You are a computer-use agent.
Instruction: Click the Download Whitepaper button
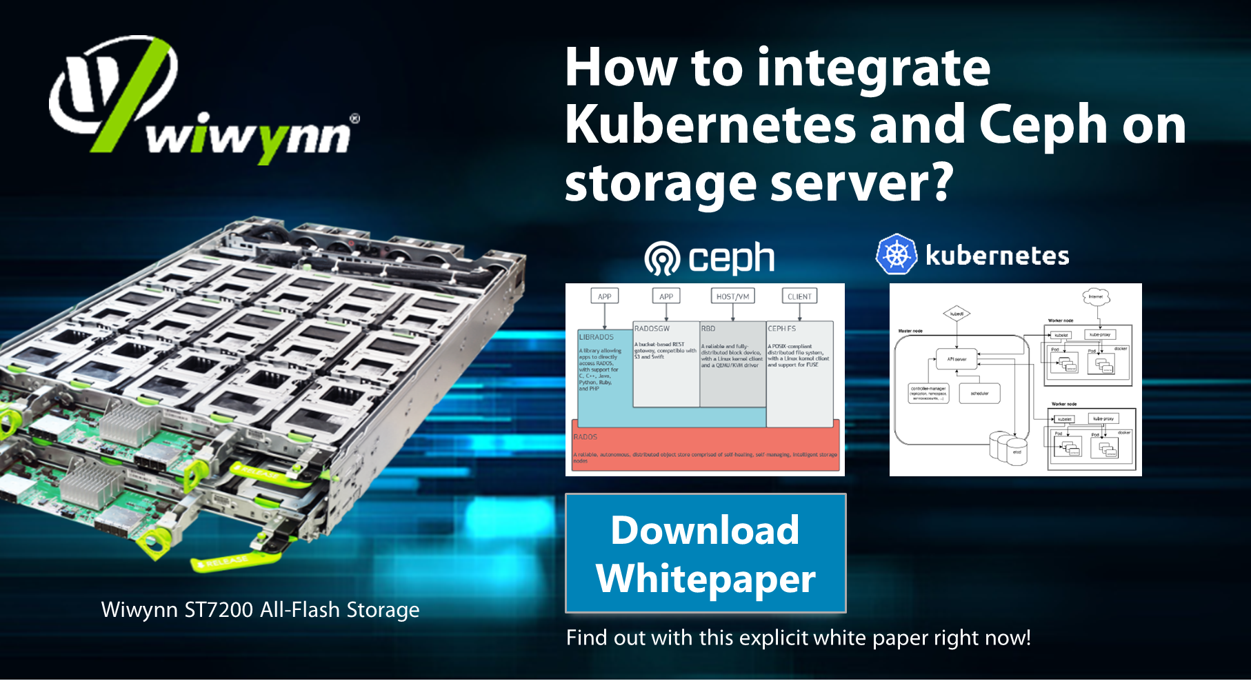[705, 553]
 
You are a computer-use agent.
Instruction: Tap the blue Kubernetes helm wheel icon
[896, 254]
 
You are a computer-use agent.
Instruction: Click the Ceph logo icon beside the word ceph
[662, 258]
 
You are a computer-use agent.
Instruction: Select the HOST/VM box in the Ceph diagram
[732, 296]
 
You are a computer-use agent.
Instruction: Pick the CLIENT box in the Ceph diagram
[799, 296]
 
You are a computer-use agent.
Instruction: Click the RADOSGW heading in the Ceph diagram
[652, 329]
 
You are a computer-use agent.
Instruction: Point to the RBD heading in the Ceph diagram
[708, 329]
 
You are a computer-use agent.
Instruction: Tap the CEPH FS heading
[782, 329]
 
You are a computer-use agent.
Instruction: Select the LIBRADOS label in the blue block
[596, 337]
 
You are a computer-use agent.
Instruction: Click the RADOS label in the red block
[585, 437]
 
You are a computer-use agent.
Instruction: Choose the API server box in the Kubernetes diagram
[957, 359]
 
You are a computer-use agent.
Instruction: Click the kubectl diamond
[957, 314]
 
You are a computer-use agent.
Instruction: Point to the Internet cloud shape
[1096, 296]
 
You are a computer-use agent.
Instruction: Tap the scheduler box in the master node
[979, 394]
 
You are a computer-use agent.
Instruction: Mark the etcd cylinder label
[1017, 452]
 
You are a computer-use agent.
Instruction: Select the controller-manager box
[928, 393]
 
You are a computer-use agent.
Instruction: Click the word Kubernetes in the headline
[710, 125]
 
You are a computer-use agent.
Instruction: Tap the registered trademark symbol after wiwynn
[354, 119]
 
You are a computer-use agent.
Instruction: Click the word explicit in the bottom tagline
[774, 638]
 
